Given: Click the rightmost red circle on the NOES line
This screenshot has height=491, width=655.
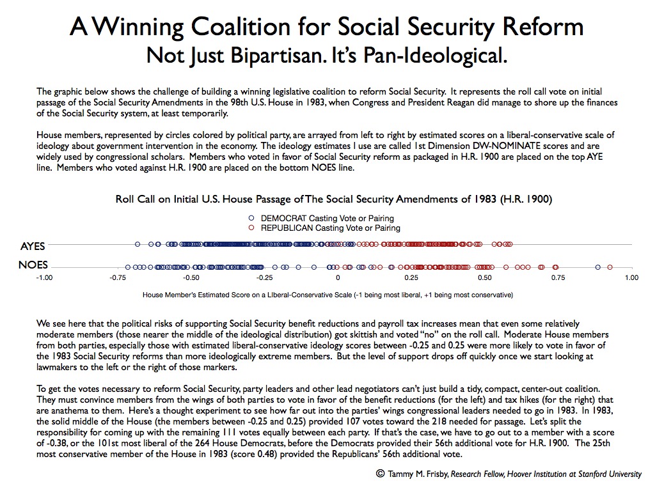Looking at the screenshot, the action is [610, 267].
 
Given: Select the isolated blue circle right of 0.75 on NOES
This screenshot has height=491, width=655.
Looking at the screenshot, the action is [598, 267].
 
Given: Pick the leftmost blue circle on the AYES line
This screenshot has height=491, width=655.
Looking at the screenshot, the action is [138, 244].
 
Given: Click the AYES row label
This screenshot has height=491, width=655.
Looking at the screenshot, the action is [33, 246].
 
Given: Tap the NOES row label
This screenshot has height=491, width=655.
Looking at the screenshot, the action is [33, 265].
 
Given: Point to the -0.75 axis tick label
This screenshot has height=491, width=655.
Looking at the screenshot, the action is [118, 277].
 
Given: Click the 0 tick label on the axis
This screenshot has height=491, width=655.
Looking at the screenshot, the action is [338, 277].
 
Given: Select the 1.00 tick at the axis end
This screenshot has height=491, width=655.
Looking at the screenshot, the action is [631, 277].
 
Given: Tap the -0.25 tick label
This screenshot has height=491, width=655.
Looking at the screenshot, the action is [264, 277].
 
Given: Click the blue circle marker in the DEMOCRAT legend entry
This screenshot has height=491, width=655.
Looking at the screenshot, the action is [251, 218].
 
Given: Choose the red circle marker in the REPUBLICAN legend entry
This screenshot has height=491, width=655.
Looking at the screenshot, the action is [251, 228].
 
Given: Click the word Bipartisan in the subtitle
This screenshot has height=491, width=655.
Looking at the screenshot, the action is [278, 56].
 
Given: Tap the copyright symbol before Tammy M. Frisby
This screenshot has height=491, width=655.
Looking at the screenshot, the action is [380, 474].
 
